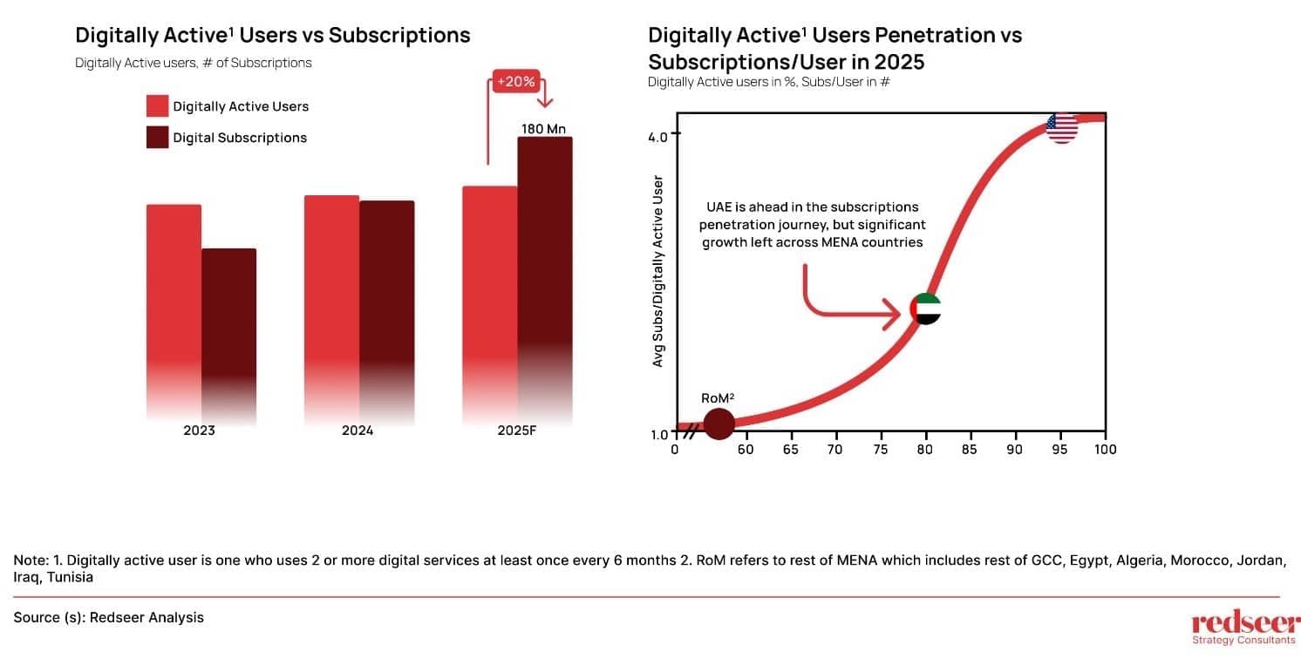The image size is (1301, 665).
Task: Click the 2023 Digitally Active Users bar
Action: point(174,296)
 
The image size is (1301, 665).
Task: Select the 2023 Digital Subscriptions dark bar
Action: point(229,322)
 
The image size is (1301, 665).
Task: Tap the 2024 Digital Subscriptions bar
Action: point(386,296)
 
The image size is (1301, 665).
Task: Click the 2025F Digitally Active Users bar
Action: point(489,288)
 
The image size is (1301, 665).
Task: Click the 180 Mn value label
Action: point(544,128)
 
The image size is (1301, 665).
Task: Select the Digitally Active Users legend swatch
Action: point(157,106)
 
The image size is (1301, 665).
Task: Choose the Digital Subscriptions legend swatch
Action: point(157,137)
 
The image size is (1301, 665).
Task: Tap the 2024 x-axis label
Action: point(358,431)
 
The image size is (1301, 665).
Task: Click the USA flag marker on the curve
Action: point(1061,127)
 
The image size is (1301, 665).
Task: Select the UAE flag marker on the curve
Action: point(925,309)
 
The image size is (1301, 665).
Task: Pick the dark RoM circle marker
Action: point(719,424)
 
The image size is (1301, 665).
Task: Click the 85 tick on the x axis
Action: point(970,449)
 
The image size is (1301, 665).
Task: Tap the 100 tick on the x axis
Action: point(1105,449)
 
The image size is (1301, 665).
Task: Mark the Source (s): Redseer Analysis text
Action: point(109,617)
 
